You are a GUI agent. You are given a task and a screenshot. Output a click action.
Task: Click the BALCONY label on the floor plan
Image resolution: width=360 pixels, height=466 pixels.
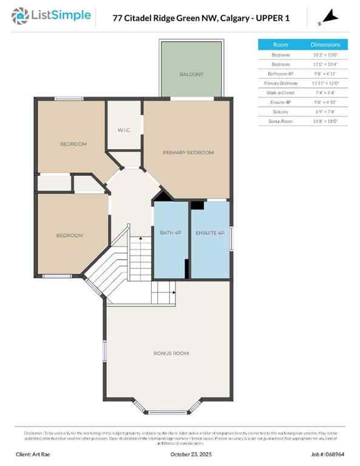(191, 74)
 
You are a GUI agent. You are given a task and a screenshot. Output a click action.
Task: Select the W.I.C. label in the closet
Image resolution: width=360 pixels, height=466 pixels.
(124, 130)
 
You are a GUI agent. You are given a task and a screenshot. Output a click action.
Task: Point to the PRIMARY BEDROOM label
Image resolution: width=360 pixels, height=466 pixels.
(188, 152)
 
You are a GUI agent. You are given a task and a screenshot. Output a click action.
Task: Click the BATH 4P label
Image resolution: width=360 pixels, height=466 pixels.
(171, 233)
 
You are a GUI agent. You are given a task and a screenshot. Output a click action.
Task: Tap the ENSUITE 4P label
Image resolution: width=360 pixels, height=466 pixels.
(209, 233)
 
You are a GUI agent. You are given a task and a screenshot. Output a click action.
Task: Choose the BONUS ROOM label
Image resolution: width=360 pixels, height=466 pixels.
(171, 353)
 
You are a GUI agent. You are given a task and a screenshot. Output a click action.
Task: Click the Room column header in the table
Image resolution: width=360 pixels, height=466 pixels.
(280, 44)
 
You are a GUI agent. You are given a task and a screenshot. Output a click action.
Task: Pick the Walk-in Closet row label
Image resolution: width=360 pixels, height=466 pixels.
(280, 93)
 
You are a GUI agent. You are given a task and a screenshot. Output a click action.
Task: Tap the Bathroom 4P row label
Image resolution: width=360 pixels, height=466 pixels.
(280, 73)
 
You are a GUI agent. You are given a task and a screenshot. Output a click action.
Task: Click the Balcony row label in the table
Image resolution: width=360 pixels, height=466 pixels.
(280, 112)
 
